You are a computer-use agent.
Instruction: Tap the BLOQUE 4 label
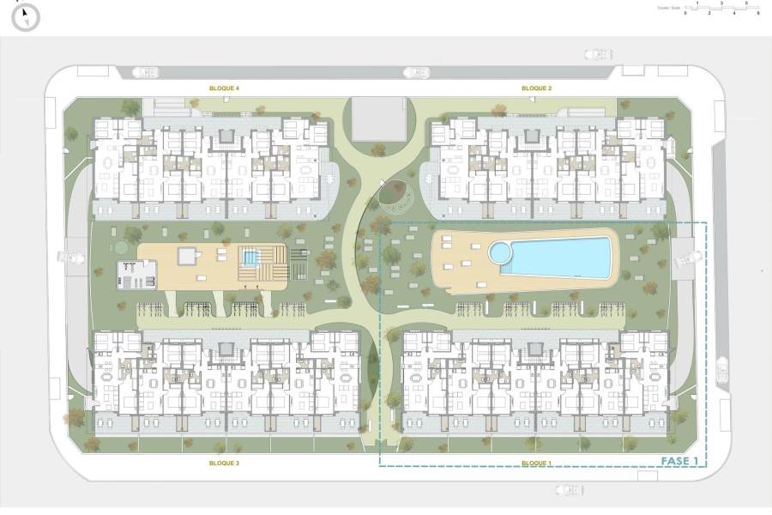(225, 88)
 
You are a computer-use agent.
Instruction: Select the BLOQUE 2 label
(536, 88)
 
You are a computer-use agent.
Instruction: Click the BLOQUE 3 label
(224, 463)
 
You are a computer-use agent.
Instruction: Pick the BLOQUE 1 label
(536, 463)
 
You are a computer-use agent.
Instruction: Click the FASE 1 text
(681, 461)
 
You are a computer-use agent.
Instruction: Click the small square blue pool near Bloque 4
(250, 257)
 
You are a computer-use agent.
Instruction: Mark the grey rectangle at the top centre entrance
(378, 118)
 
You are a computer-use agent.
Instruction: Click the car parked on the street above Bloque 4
(146, 73)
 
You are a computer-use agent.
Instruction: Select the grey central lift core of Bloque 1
(536, 350)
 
